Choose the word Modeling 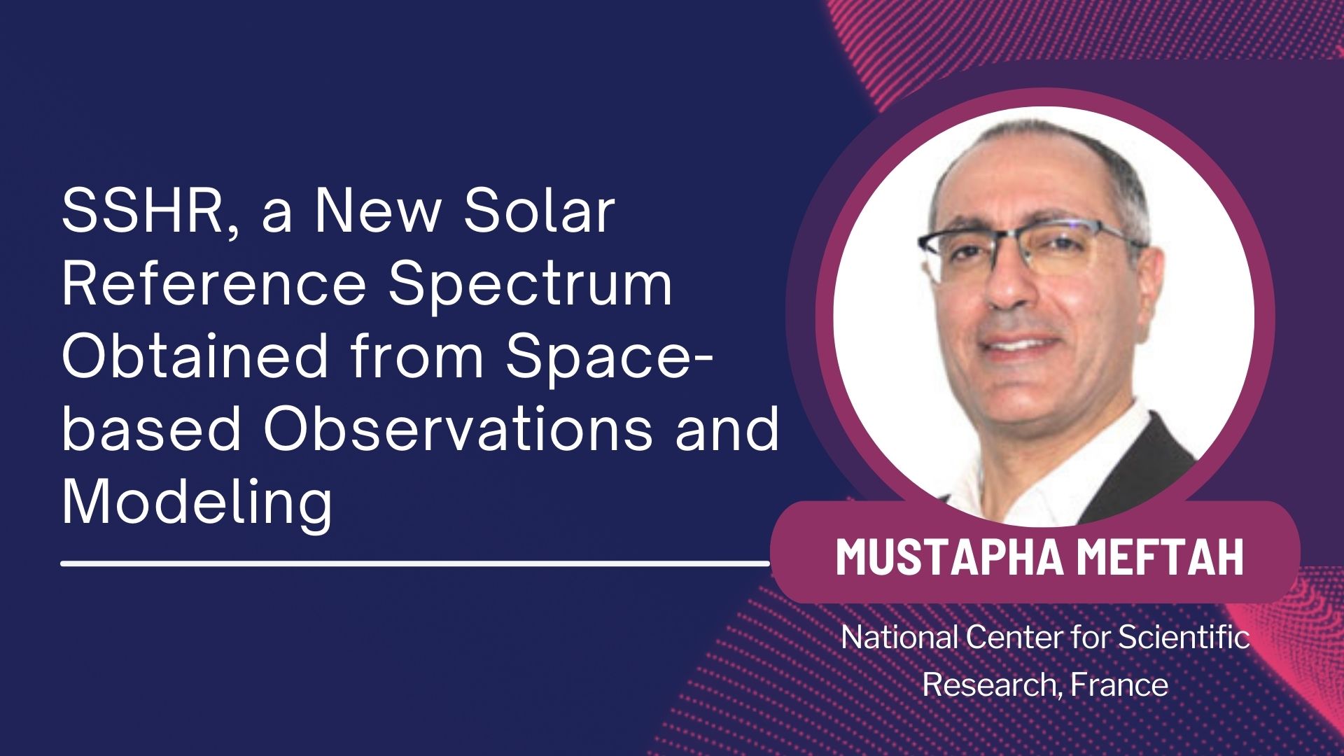(x=197, y=506)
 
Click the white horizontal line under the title (x=416, y=562)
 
